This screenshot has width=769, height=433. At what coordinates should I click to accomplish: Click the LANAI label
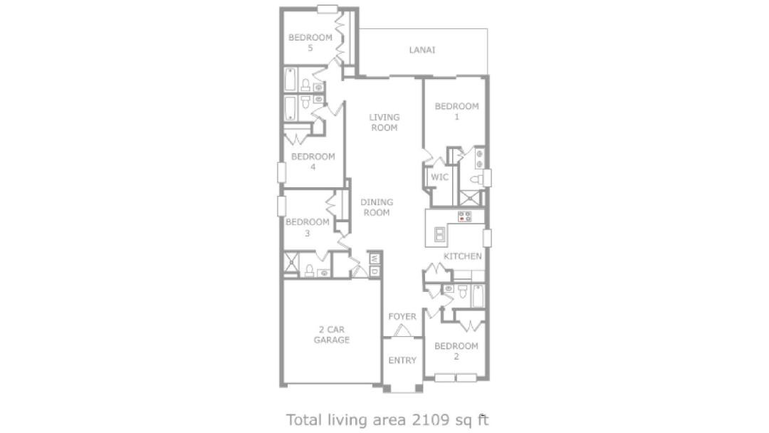coord(422,50)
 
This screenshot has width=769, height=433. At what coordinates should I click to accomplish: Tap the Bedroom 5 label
coord(310,42)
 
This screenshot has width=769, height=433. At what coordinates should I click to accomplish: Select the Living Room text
coord(384,122)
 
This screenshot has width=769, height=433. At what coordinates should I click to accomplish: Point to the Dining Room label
coord(376,207)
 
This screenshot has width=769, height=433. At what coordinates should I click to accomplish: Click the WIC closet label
coord(439,177)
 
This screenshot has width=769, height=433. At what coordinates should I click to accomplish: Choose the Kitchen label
coord(463,256)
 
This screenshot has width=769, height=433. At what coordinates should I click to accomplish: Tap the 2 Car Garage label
coord(332,335)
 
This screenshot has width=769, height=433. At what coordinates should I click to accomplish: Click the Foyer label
coord(402,316)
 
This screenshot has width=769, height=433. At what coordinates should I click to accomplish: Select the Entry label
coord(402,360)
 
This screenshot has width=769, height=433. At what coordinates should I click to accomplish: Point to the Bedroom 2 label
coord(456,351)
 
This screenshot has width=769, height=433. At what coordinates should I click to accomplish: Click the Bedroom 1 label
coord(456,111)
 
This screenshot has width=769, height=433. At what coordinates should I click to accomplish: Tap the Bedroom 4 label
coord(313,162)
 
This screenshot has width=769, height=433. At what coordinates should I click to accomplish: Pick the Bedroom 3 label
coord(308,227)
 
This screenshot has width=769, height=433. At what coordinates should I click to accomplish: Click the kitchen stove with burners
coord(464,216)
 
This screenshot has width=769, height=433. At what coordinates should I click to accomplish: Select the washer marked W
coord(375,258)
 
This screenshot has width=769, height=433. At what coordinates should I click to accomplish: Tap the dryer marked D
coord(375,271)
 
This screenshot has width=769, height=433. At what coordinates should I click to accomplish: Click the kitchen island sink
coord(440,234)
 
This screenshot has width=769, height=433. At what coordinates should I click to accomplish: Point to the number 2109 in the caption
coord(430,420)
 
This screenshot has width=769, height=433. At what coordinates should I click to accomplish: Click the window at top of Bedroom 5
coord(327,9)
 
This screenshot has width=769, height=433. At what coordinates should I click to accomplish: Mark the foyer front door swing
coord(402,331)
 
